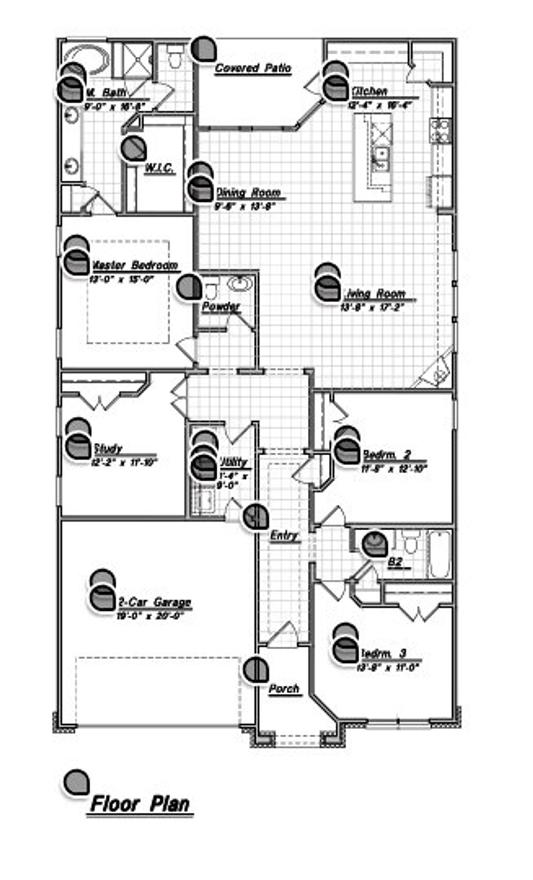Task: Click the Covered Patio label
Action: [x=253, y=68]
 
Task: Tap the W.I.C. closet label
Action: [x=159, y=169]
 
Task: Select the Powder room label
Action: [x=221, y=307]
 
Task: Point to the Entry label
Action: [x=284, y=535]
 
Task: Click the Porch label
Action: [x=284, y=689]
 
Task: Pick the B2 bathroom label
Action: [x=395, y=562]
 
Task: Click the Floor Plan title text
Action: [x=140, y=805]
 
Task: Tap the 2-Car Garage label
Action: [x=155, y=602]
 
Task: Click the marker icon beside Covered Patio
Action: [x=204, y=49]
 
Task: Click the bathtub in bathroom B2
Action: [x=440, y=554]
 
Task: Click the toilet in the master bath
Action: [x=174, y=58]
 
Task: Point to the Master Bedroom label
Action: [x=134, y=265]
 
